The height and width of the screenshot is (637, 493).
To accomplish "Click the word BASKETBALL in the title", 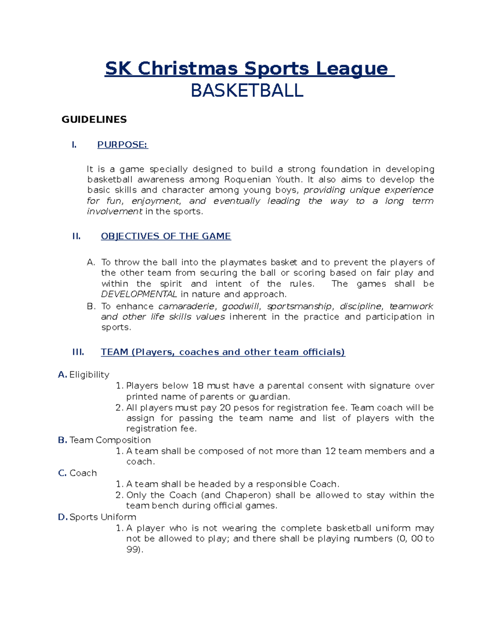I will pos(247,91).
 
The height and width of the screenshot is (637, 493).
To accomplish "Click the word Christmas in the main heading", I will pos(187,68).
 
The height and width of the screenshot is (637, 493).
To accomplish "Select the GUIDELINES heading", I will pos(94,119).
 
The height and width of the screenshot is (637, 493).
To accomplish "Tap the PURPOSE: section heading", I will pos(122,144).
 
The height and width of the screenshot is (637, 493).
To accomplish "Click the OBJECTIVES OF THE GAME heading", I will pos(166,236).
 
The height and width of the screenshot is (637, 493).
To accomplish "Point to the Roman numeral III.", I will pos(78,352).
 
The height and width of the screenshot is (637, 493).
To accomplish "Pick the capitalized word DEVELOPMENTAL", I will pos(139,294).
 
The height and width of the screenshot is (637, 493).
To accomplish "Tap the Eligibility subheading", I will pos(89,374).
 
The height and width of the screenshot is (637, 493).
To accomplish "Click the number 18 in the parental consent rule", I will pos(198,386).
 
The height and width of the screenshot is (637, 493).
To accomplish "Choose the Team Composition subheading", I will pos(110,440).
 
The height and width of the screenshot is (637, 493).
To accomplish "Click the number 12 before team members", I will pos(330,451).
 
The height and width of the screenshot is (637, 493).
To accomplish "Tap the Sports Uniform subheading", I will pos(103,517).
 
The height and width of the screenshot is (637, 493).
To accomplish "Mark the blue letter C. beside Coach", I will pos(62,473).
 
